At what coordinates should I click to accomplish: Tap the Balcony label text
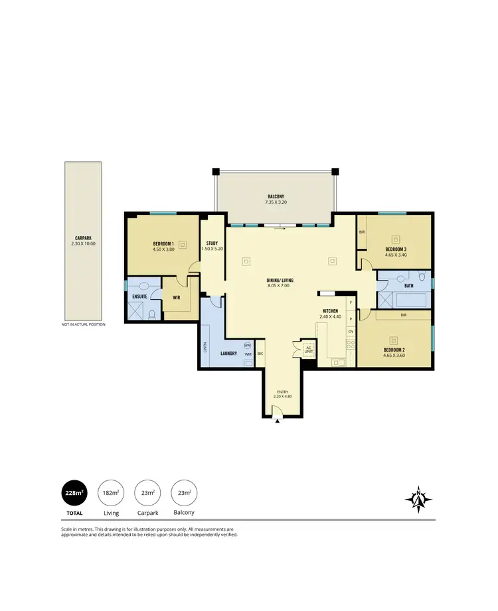pyautogui.click(x=276, y=197)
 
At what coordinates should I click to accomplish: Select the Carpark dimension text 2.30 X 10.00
pyautogui.click(x=83, y=243)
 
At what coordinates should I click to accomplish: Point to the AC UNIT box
pyautogui.click(x=308, y=349)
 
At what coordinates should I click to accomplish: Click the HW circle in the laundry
pyautogui.click(x=247, y=345)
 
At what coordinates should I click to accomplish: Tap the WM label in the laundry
pyautogui.click(x=247, y=354)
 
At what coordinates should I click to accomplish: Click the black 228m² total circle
pyautogui.click(x=74, y=494)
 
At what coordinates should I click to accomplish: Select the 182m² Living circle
pyautogui.click(x=111, y=494)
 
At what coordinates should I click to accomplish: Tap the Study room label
pyautogui.click(x=212, y=243)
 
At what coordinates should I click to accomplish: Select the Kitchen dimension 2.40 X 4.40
pyautogui.click(x=330, y=316)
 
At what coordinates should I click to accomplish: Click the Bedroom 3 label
pyautogui.click(x=396, y=249)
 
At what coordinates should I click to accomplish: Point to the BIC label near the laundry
pyautogui.click(x=261, y=354)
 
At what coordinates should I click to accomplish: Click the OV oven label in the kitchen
pyautogui.click(x=351, y=331)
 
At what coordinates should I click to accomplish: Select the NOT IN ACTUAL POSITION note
pyautogui.click(x=83, y=324)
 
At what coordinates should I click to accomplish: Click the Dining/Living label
pyautogui.click(x=280, y=281)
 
